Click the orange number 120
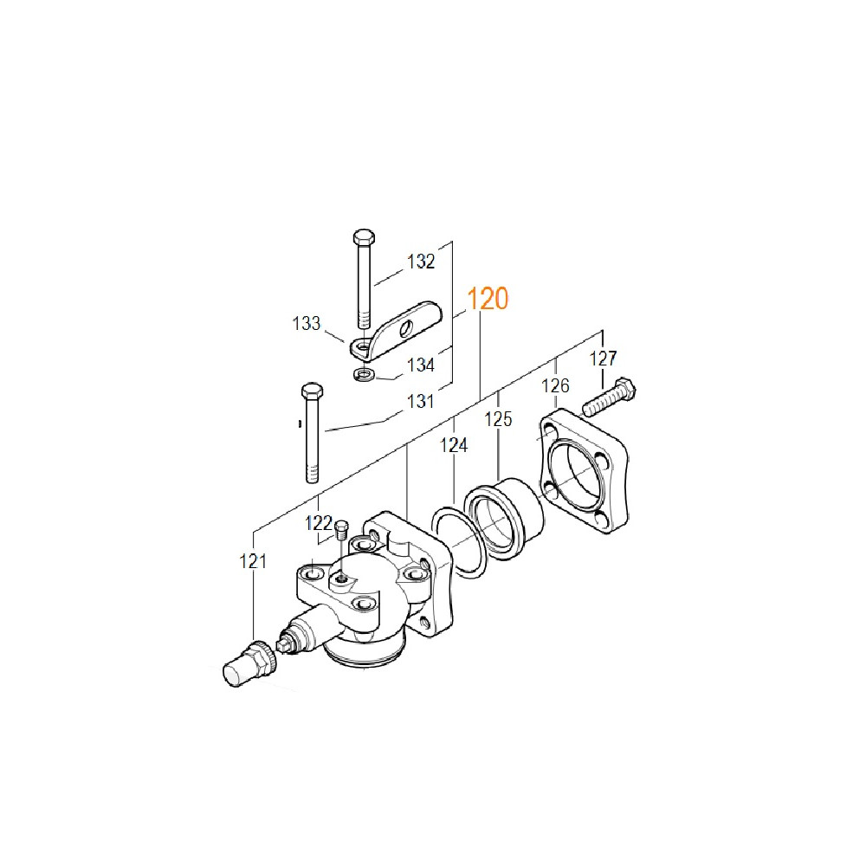point(488,299)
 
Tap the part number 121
point(253,561)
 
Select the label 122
point(319,522)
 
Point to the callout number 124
point(454,445)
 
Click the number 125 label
point(498,419)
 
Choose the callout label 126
point(555,385)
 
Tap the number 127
point(603,359)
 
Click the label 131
point(420,401)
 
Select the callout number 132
point(421,262)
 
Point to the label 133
point(306,323)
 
